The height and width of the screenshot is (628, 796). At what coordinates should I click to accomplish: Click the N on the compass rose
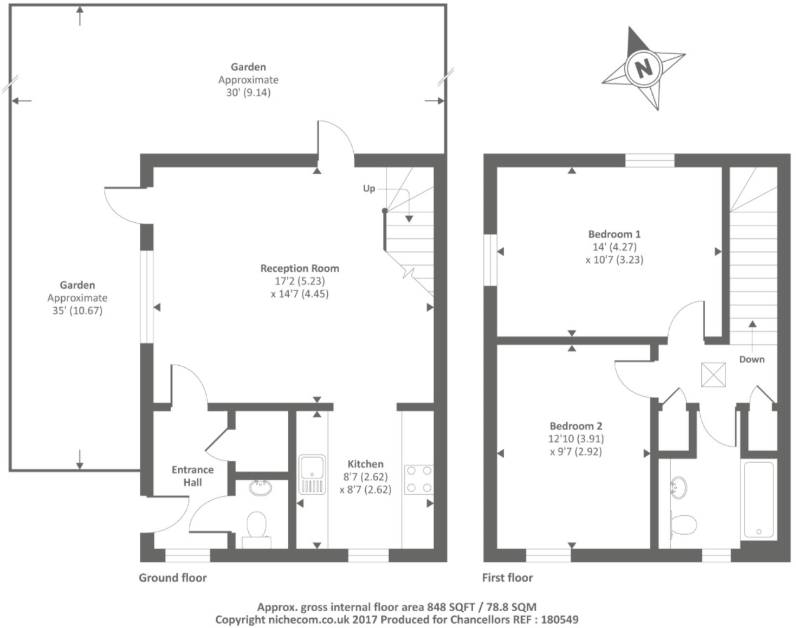[643, 68]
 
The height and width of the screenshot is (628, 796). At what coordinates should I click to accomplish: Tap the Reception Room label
[300, 268]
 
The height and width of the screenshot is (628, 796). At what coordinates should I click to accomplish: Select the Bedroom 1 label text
[614, 234]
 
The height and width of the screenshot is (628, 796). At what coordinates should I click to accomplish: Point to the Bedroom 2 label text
[575, 426]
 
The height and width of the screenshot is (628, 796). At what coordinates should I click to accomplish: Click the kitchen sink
[312, 475]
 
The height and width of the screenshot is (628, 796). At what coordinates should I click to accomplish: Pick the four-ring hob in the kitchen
[418, 480]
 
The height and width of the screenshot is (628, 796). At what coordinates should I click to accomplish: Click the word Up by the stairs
[368, 188]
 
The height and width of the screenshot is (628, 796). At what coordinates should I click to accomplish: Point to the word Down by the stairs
[752, 359]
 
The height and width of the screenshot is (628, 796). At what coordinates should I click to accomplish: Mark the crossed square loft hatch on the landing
[713, 374]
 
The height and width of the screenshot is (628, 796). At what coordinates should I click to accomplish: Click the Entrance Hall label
[192, 476]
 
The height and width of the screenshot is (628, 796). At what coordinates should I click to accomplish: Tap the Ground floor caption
[172, 578]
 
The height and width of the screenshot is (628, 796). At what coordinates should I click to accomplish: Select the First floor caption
[507, 578]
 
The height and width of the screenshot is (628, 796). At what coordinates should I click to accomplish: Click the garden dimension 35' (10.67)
[77, 310]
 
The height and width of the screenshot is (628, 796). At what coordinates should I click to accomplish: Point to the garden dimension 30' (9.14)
[248, 92]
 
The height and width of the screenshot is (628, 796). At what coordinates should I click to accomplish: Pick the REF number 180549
[560, 619]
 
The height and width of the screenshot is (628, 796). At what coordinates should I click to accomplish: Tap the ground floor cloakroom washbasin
[261, 487]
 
